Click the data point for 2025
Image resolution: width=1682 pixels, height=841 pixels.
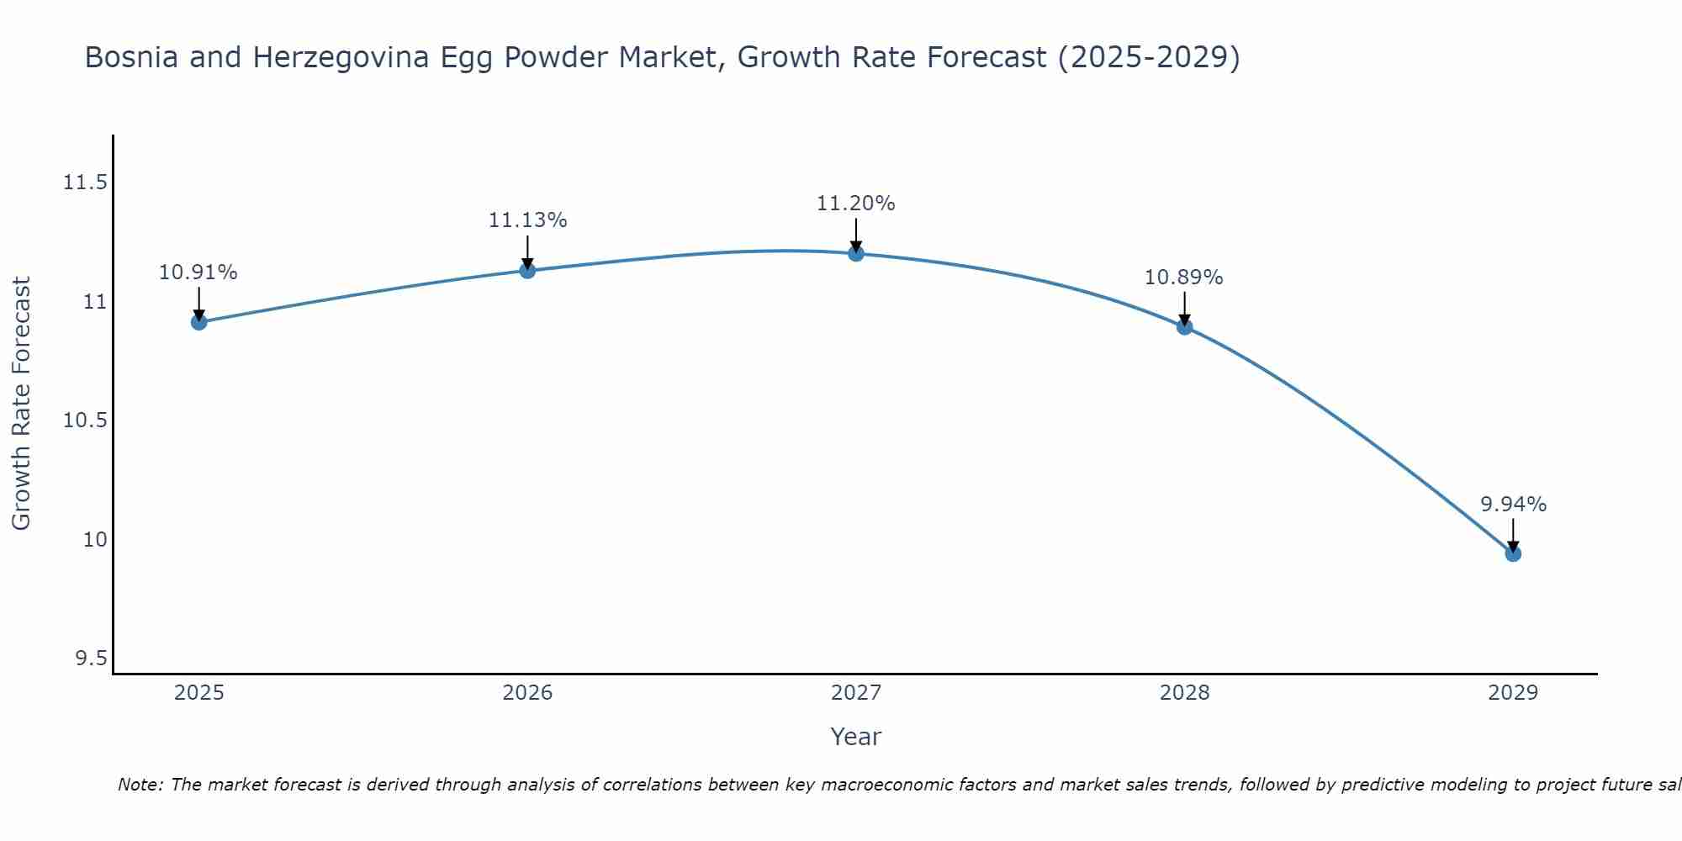click(x=198, y=322)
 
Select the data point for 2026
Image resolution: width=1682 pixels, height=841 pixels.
click(x=527, y=270)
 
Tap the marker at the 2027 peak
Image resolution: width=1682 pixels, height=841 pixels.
click(x=856, y=253)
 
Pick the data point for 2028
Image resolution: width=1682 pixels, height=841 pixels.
click(x=1184, y=327)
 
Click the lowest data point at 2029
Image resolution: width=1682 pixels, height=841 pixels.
click(x=1513, y=553)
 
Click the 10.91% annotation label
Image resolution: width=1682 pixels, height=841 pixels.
click(x=198, y=272)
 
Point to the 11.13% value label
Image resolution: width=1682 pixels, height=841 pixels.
click(x=527, y=220)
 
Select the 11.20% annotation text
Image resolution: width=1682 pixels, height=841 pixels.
click(x=856, y=204)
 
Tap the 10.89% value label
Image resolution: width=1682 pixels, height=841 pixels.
click(x=1184, y=278)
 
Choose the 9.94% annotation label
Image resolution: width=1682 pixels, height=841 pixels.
click(x=1513, y=505)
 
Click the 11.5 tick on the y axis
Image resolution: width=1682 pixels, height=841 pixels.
click(x=85, y=182)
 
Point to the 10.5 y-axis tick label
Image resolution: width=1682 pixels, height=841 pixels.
click(x=85, y=420)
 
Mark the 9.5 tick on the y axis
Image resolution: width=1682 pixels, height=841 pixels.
click(x=92, y=659)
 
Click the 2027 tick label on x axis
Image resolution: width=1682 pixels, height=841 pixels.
click(x=856, y=693)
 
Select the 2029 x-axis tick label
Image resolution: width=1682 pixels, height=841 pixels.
click(x=1513, y=693)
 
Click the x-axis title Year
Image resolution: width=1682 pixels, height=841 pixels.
click(x=856, y=737)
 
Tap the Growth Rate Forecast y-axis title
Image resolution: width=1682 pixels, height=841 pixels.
click(x=21, y=404)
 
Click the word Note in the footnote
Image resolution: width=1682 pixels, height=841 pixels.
click(x=140, y=785)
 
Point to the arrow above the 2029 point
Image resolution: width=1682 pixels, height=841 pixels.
click(x=1513, y=533)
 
